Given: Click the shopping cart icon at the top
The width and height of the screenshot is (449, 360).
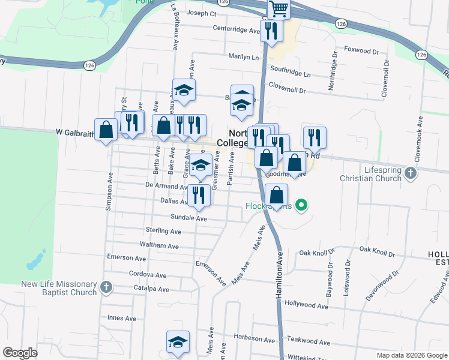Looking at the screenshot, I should [279, 8].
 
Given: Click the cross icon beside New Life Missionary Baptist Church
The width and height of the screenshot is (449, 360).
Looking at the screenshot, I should [106, 287].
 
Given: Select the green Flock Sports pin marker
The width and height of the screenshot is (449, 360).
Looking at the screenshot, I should [302, 206].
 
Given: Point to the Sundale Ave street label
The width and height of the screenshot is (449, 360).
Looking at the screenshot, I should [188, 218].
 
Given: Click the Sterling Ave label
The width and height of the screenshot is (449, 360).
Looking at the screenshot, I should [163, 231].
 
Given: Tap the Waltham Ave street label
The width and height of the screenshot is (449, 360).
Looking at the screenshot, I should [159, 246].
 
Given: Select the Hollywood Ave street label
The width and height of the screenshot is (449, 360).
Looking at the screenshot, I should [306, 306].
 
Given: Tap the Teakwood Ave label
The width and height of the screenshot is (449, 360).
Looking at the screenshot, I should [309, 343].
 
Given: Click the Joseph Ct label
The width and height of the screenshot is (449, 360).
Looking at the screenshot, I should [201, 13].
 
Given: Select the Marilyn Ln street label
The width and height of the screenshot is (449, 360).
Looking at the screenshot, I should [243, 58].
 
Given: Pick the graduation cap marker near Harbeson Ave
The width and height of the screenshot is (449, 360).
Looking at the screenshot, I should [178, 342].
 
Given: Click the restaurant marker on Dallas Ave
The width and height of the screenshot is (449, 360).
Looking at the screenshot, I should [199, 196].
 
